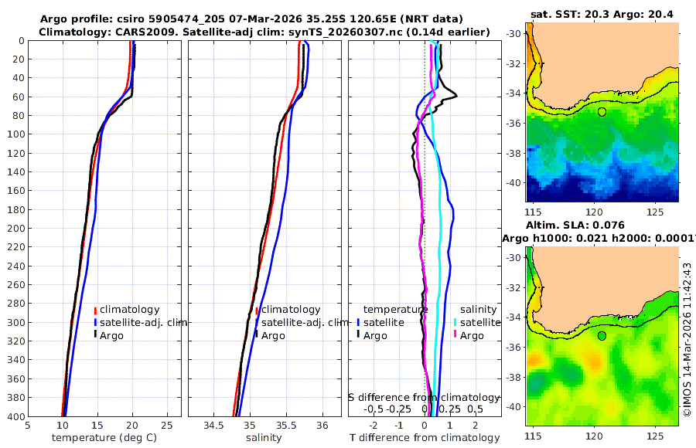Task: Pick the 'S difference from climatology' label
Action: coord(424,397)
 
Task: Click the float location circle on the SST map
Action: coord(602,112)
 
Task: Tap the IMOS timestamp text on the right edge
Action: coord(687,339)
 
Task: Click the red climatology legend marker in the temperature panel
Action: coord(95,310)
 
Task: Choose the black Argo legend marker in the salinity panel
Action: coord(256,335)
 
